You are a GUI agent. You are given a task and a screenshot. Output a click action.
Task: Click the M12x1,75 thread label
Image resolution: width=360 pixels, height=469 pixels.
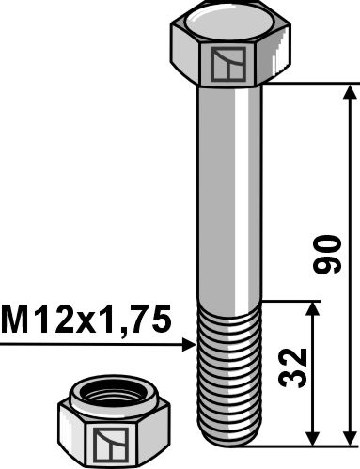click(x=86, y=321)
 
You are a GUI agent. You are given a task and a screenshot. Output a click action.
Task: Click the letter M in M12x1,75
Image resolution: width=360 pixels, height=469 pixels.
click(x=16, y=321)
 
